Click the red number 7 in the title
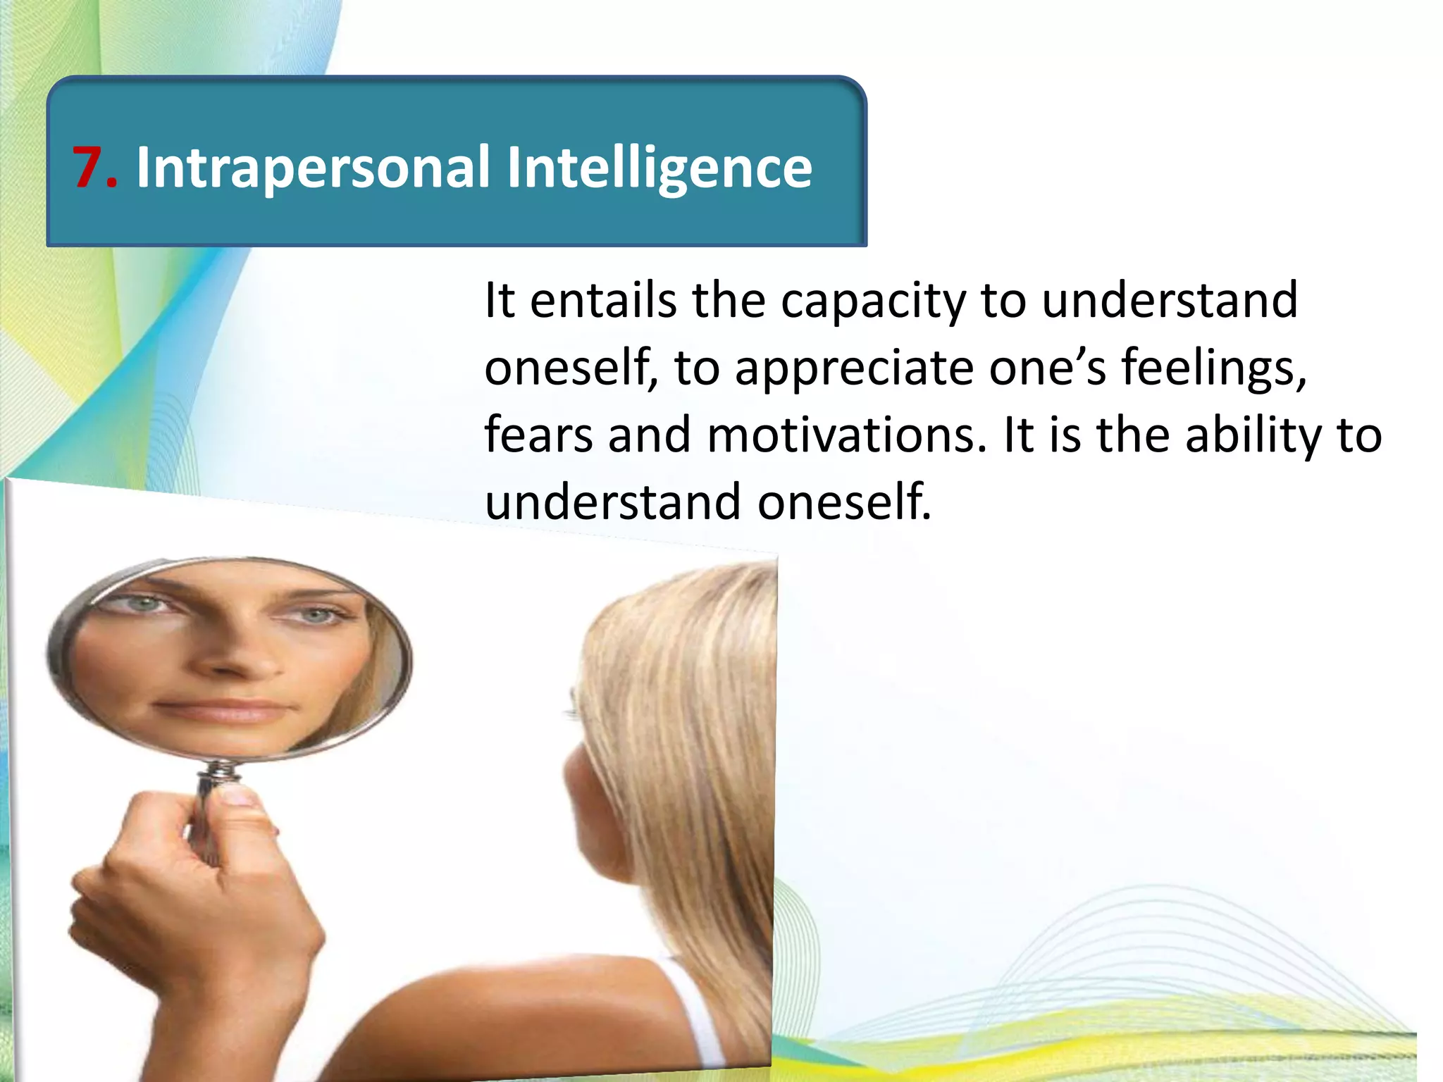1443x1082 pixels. (89, 167)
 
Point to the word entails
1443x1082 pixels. (602, 300)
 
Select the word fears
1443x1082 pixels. (538, 435)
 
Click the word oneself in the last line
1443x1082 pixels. (844, 502)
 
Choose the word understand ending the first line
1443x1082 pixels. (1169, 300)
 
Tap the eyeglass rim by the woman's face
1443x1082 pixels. (573, 704)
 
